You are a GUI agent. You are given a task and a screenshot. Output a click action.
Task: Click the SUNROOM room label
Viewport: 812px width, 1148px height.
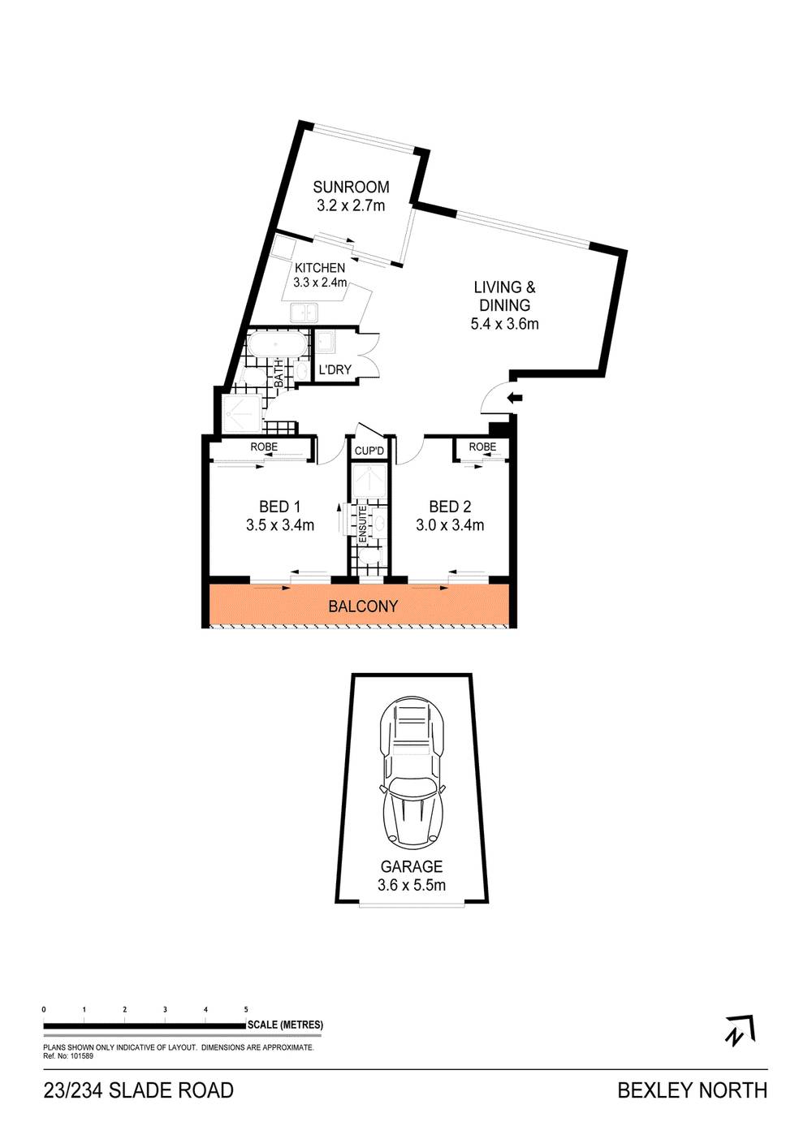(352, 187)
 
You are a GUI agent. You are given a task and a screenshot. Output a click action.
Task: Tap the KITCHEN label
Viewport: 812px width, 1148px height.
(320, 268)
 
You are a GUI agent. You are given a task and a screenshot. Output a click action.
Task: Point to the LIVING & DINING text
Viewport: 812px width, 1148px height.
(504, 296)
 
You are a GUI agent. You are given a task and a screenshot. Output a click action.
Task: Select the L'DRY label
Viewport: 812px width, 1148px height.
(335, 370)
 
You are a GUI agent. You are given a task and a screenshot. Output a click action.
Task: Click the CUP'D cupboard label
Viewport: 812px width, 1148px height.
(369, 451)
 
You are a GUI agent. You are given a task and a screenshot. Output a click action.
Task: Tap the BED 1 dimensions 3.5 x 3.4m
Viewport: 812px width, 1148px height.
(280, 525)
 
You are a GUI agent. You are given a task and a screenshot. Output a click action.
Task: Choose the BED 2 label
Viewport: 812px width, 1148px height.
(450, 507)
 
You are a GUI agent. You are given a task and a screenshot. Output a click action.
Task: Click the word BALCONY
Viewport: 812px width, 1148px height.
(363, 606)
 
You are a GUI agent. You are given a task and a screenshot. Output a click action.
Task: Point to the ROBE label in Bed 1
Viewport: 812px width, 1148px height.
(264, 447)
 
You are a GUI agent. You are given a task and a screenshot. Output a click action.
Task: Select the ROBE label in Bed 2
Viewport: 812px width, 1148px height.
(482, 447)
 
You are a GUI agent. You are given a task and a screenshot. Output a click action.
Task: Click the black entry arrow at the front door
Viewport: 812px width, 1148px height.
(515, 397)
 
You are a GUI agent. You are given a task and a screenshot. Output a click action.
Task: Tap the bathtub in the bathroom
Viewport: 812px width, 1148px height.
(278, 347)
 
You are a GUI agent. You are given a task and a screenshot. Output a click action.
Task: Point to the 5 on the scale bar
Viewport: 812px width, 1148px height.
(246, 1009)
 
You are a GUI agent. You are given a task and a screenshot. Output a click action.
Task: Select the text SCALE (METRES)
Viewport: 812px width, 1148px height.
(286, 1025)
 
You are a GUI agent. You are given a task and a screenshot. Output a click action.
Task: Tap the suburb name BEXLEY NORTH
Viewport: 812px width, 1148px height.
(692, 1090)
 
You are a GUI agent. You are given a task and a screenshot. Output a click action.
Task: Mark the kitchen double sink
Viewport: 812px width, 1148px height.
(304, 311)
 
